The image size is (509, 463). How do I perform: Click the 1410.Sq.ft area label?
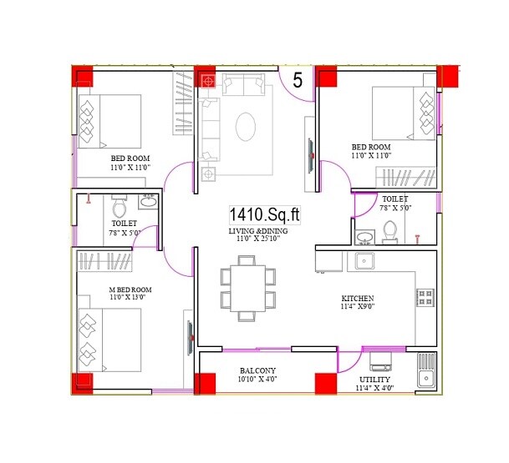tap(263, 216)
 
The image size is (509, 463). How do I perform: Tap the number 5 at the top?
tap(297, 80)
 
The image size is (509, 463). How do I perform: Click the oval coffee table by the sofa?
tap(247, 128)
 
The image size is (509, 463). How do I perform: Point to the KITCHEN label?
tap(357, 299)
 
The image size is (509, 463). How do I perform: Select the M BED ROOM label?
tap(130, 289)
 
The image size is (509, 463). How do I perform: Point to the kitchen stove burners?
tap(425, 297)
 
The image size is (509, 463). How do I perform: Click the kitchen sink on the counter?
tap(365, 261)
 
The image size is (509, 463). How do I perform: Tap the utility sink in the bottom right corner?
tap(425, 372)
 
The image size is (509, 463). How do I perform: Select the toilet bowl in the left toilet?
tap(117, 206)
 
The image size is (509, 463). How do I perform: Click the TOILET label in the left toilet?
tap(124, 224)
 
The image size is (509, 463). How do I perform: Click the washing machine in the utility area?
tap(381, 360)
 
